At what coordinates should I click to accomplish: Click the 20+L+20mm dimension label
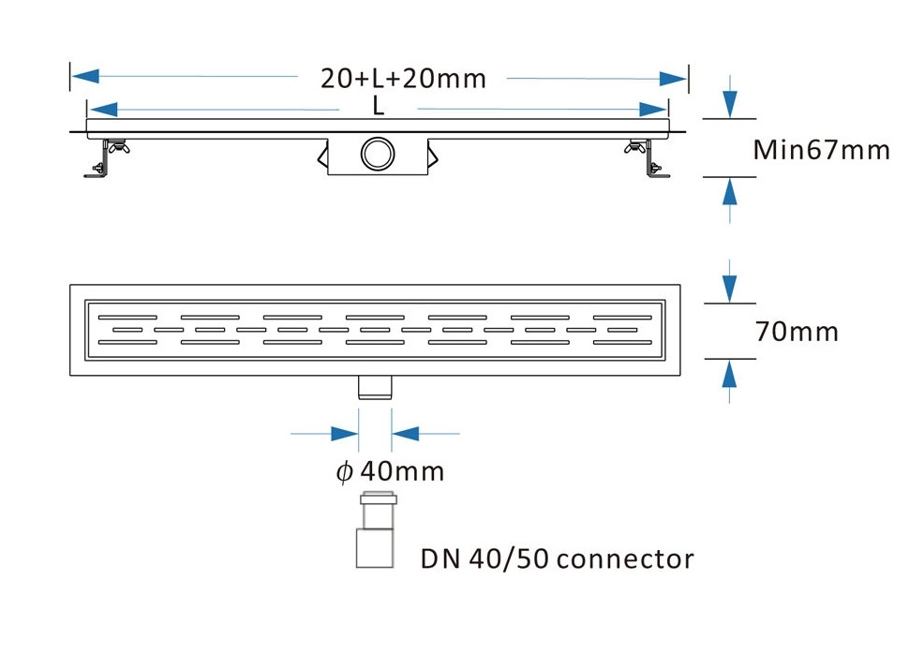(403, 78)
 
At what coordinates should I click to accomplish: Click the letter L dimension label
(379, 108)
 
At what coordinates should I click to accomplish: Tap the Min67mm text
(822, 149)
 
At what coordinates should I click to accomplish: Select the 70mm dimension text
(796, 332)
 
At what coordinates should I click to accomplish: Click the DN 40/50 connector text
(557, 559)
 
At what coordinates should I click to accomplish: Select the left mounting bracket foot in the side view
(97, 171)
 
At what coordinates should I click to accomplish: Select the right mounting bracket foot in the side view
(657, 171)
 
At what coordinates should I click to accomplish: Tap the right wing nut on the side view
(638, 146)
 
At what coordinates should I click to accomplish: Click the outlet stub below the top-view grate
(377, 386)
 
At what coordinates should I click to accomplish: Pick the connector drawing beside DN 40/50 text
(377, 529)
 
